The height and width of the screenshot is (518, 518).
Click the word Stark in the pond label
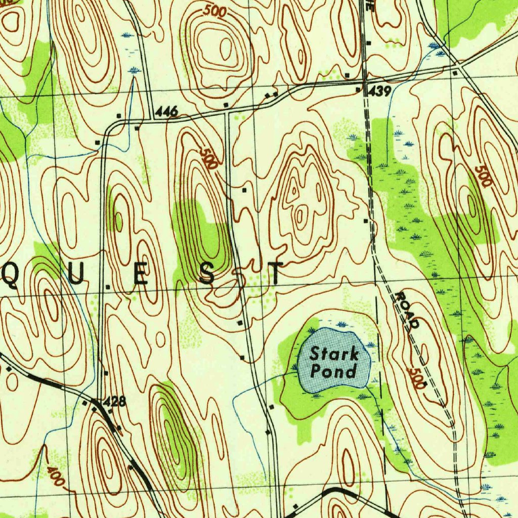pyautogui.click(x=334, y=353)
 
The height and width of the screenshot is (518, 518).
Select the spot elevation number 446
pyautogui.click(x=166, y=112)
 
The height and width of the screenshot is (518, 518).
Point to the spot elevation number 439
pyautogui.click(x=380, y=91)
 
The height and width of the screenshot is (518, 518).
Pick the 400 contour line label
pyautogui.click(x=55, y=476)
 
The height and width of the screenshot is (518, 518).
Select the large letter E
pyautogui.click(x=142, y=275)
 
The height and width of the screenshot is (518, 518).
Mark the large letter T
pyautogui.click(x=276, y=274)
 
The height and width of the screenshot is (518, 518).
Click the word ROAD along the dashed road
pyautogui.click(x=407, y=310)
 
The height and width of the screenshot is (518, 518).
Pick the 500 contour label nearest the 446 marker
pyautogui.click(x=208, y=158)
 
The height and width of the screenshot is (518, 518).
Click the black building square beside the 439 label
pyautogui.click(x=358, y=90)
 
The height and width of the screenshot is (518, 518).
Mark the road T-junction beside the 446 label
pyautogui.click(x=153, y=119)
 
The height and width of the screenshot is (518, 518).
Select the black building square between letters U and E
pyautogui.click(x=108, y=287)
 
